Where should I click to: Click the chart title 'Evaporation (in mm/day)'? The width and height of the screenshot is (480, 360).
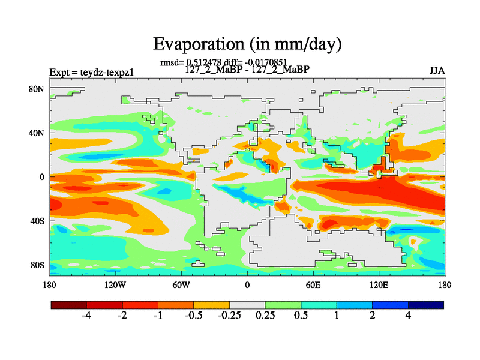[x=247, y=44]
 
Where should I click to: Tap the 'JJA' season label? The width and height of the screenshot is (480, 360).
[x=437, y=70]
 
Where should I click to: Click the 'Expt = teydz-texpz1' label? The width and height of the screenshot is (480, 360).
[x=91, y=73]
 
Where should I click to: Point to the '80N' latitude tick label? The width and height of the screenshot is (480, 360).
[x=37, y=89]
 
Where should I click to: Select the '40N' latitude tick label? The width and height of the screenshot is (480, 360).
[x=37, y=133]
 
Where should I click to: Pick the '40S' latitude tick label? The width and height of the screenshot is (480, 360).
[x=37, y=221]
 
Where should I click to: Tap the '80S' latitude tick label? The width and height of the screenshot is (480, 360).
[x=37, y=265]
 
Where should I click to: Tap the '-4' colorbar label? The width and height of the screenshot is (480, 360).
[x=86, y=316]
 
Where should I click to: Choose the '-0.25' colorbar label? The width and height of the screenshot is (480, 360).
[x=229, y=316]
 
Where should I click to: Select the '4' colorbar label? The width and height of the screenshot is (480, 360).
[x=408, y=316]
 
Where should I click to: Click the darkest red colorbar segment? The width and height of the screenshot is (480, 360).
[x=69, y=305]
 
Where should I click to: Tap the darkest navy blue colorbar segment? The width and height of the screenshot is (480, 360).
[x=426, y=305]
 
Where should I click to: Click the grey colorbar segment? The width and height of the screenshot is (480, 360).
[x=247, y=305]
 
